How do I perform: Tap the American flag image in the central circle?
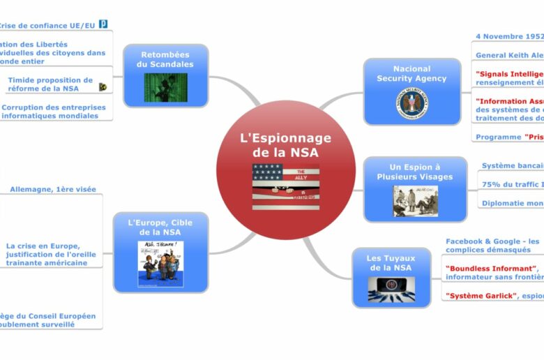tap(285, 186)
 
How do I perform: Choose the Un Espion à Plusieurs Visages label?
tap(415, 172)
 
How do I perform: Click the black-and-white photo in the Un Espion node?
tap(415, 200)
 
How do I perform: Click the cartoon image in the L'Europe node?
tap(160, 263)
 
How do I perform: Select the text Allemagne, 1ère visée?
tap(53, 189)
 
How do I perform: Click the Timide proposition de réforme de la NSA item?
tap(50, 84)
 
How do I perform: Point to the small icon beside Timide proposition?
tap(103, 87)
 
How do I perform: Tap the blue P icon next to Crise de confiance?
tap(103, 24)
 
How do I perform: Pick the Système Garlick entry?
tap(481, 296)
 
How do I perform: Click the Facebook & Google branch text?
tap(493, 245)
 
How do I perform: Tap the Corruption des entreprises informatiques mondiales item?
tap(54, 112)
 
